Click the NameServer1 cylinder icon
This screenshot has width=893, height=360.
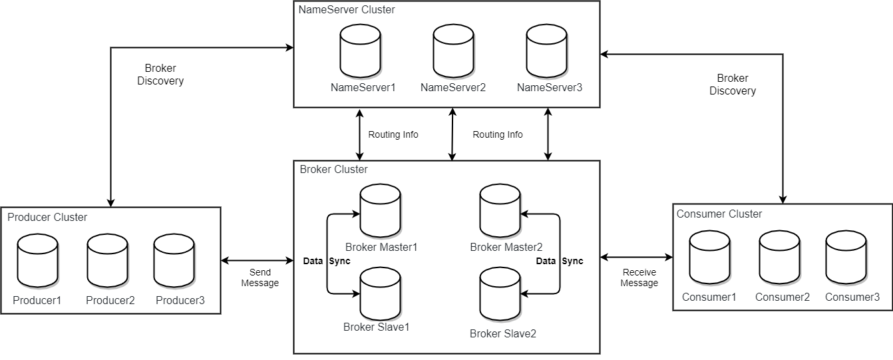361,51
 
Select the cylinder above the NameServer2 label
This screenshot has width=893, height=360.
453,51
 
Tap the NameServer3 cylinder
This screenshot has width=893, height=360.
547,51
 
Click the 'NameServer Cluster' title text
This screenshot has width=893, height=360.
347,10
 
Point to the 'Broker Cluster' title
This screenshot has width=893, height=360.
333,170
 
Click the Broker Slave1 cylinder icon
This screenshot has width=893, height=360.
380,294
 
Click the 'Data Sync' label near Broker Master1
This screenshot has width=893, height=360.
326,261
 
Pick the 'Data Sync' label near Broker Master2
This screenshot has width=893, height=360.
560,261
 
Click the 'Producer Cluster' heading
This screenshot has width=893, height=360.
47,218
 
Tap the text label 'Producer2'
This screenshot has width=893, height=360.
110,301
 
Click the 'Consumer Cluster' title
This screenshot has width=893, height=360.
719,214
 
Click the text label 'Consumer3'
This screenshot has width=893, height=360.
852,297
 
